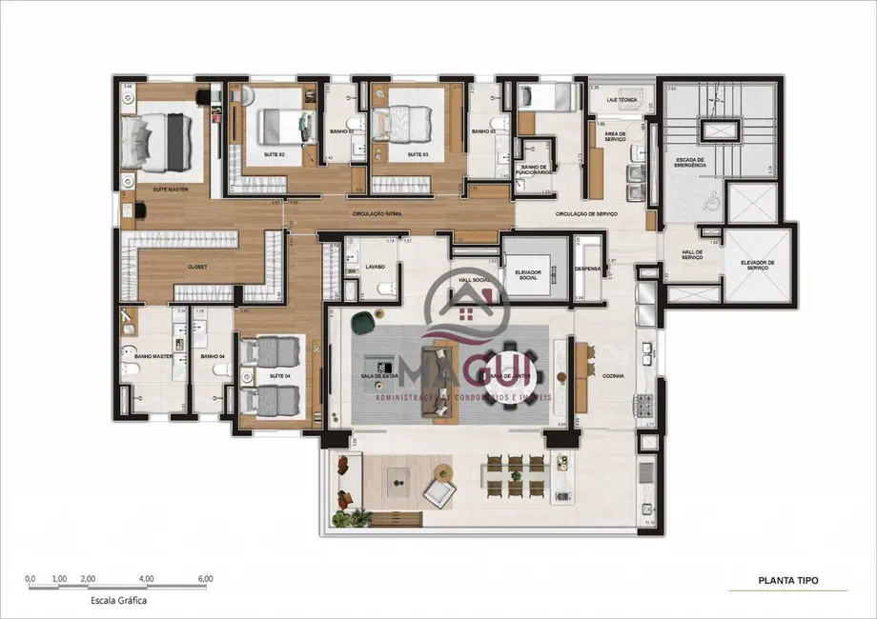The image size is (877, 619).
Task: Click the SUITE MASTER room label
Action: pyautogui.click(x=169, y=190)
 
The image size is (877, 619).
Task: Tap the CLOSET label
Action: pyautogui.click(x=197, y=268)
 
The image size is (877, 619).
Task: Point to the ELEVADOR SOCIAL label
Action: pyautogui.click(x=528, y=275)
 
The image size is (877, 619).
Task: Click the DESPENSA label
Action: pyautogui.click(x=588, y=269)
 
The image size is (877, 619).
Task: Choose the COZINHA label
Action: pyautogui.click(x=613, y=376)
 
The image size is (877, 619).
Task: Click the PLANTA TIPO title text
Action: pyautogui.click(x=787, y=579)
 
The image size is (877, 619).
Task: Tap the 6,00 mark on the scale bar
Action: pyautogui.click(x=205, y=578)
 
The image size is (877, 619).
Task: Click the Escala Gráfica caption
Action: pyautogui.click(x=117, y=602)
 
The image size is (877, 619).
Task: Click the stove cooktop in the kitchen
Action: pyautogui.click(x=648, y=407)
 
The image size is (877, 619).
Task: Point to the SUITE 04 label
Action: pyautogui.click(x=279, y=376)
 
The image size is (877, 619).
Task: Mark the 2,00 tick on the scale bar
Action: pyautogui.click(x=88, y=578)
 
